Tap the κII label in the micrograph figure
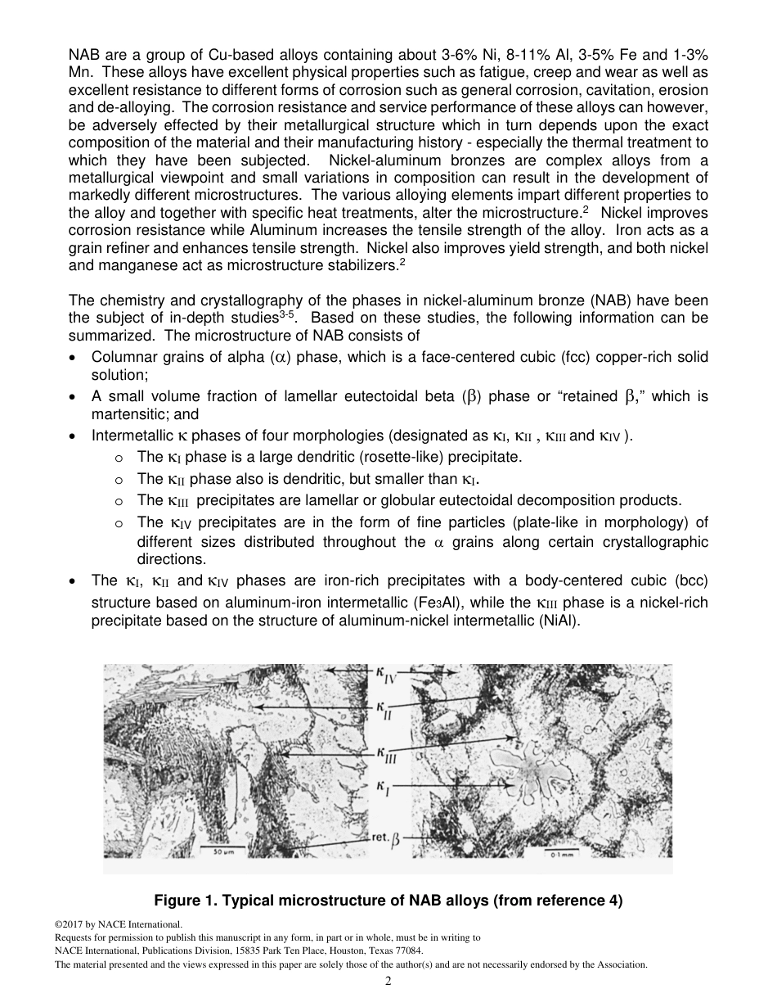[384, 709]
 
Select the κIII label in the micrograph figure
[386, 754]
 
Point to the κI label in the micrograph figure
[383, 788]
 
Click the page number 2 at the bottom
[388, 982]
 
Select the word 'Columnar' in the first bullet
[123, 358]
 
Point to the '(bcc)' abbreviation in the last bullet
[692, 580]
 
